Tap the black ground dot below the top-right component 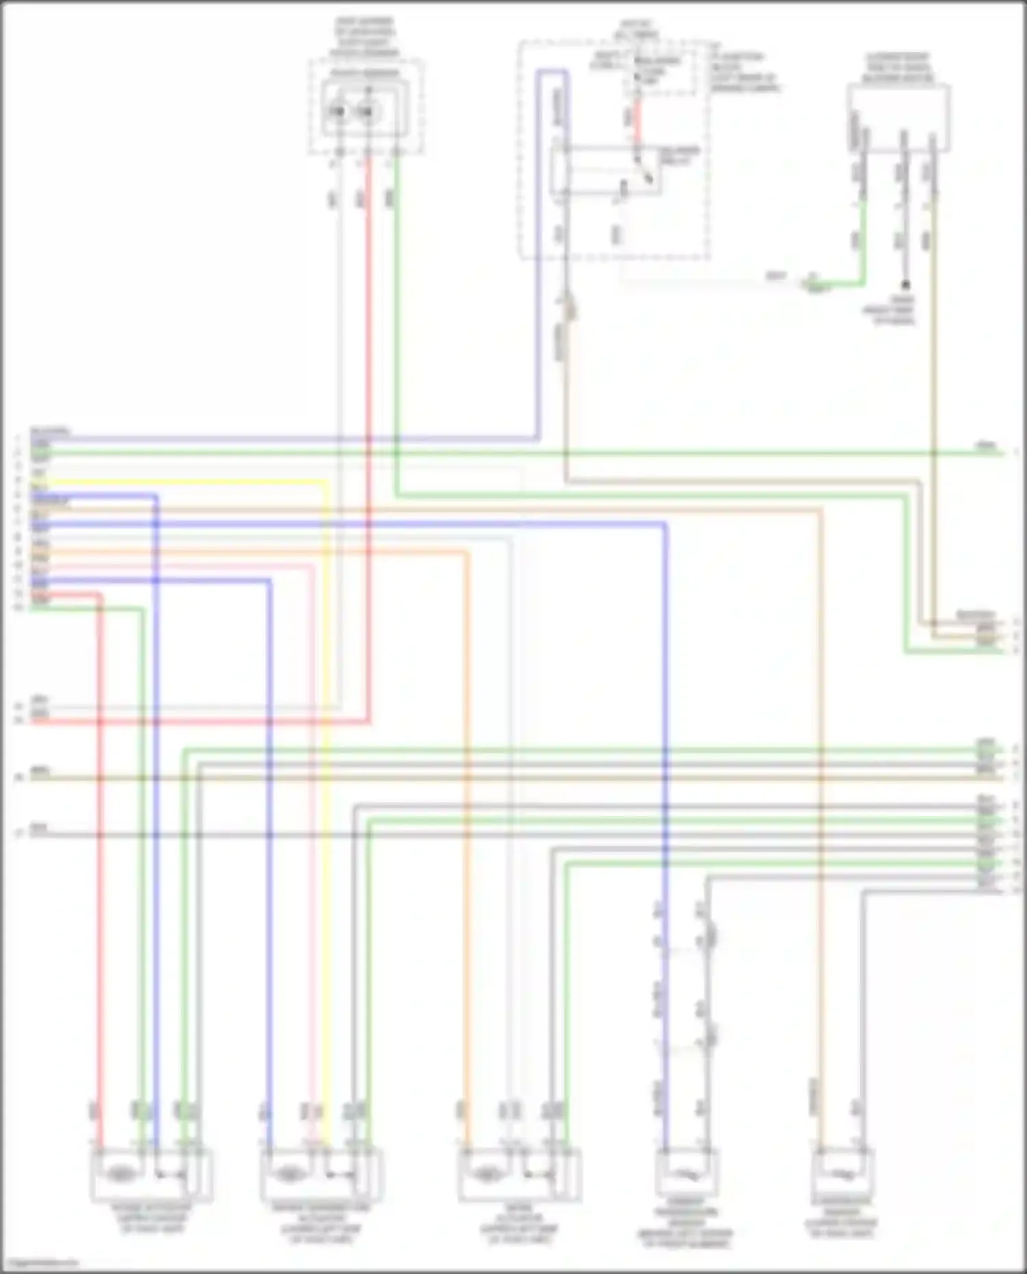905,284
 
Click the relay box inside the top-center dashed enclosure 607,170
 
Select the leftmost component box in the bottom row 151,1175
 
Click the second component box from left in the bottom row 321,1175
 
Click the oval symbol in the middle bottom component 485,1175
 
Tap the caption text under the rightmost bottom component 842,1219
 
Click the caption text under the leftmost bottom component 152,1219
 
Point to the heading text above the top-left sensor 364,38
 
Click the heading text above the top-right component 898,67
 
